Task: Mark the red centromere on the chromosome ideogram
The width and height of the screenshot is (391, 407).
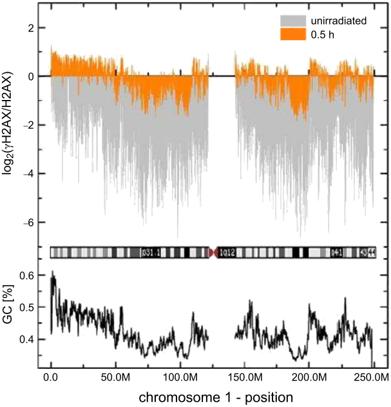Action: point(213,252)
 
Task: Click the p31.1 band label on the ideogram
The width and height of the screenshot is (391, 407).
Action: point(153,253)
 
